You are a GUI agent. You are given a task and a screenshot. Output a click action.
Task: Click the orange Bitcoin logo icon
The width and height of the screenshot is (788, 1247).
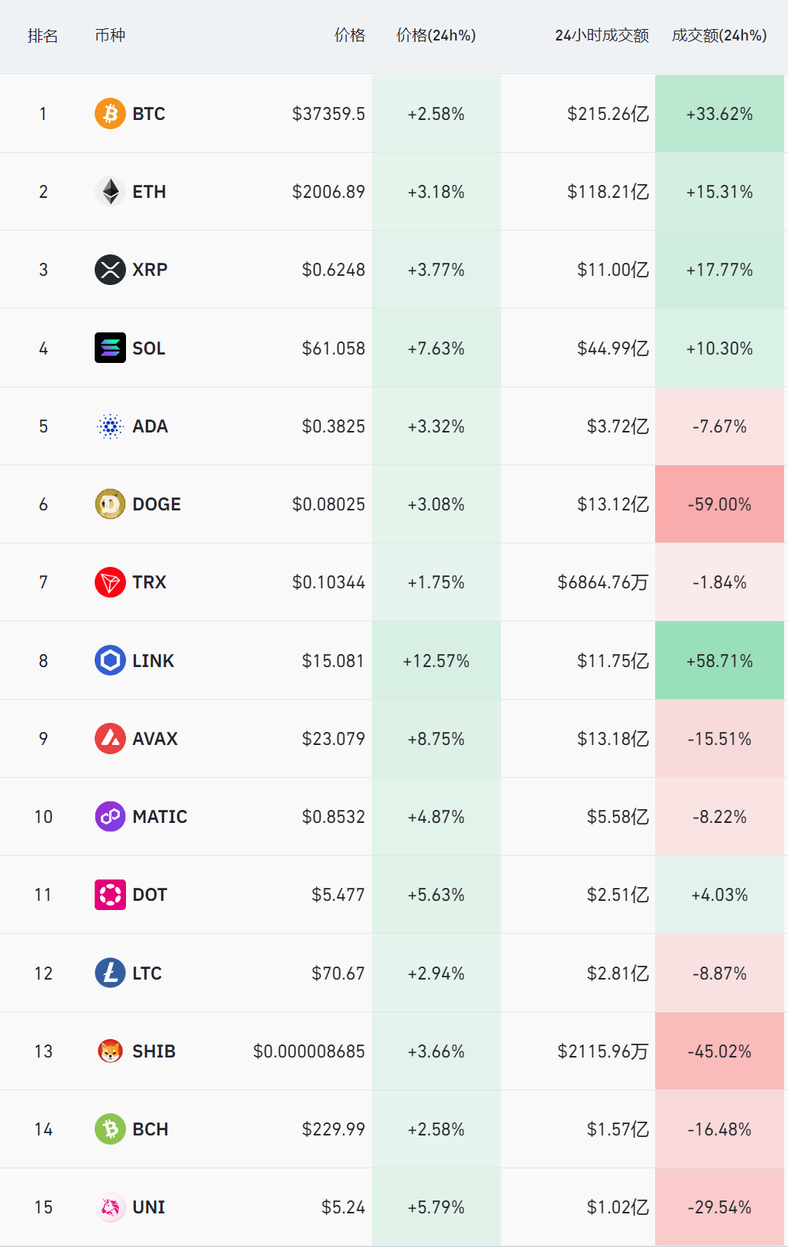110,114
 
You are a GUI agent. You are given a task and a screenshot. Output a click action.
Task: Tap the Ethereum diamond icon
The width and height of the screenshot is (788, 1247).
110,192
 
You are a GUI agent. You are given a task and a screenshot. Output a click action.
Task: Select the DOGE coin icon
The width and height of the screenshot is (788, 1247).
110,504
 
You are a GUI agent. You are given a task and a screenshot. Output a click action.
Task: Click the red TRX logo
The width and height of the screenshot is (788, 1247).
110,582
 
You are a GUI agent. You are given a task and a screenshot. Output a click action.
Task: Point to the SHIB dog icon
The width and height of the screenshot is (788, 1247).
110,1051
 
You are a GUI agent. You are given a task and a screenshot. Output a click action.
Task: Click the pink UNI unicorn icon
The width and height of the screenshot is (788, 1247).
110,1207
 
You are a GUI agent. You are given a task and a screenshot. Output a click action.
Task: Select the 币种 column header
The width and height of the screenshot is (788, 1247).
110,35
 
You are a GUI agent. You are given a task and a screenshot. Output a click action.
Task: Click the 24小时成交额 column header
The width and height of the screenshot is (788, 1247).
602,35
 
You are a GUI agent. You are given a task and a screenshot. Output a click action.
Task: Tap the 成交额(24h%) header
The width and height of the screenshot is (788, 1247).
719,35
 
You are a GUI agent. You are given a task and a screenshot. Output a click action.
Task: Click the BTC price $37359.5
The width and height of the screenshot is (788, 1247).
328,114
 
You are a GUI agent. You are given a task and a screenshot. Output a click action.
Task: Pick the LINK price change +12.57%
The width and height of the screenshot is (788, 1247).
436,661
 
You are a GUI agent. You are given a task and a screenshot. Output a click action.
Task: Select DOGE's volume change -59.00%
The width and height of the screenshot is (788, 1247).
719,504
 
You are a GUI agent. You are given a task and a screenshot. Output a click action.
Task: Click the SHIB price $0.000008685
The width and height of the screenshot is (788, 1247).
308,1051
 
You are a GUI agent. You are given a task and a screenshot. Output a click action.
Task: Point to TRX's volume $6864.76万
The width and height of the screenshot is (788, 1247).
602,582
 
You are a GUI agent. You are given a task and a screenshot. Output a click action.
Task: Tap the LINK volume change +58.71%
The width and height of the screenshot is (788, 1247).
719,661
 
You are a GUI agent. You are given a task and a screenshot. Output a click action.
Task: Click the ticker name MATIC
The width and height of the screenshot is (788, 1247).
160,817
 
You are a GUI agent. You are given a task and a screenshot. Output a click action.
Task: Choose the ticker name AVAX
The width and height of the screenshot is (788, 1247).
155,739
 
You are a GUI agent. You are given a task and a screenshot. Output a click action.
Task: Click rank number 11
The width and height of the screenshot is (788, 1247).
44,895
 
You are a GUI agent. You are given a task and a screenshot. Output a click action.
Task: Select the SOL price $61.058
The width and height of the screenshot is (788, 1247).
333,348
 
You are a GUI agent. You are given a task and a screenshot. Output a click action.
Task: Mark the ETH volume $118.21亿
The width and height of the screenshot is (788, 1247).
608,192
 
